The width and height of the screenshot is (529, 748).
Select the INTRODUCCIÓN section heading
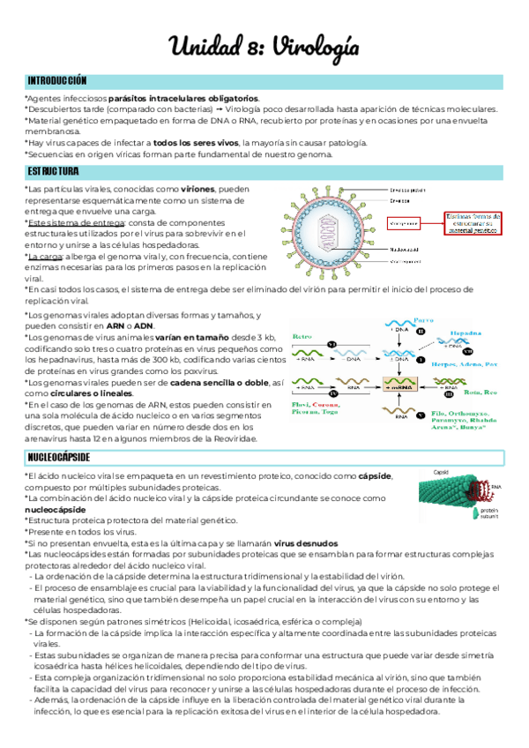(x=57, y=79)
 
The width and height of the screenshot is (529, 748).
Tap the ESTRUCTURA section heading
(x=53, y=170)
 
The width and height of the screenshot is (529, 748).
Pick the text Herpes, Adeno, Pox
(x=461, y=363)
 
